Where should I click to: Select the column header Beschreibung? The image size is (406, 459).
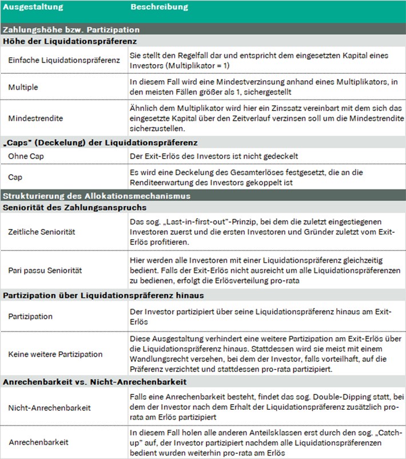pos(159,7)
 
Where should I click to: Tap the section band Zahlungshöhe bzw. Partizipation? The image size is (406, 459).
pos(71,30)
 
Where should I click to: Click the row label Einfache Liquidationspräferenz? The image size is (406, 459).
pos(63,61)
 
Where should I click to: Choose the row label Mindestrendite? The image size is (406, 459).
pos(35,117)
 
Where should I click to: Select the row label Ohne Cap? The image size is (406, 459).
pos(26,156)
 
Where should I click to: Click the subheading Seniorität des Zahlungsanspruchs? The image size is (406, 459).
pos(75,207)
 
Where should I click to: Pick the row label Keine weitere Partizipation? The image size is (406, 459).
pos(55,354)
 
